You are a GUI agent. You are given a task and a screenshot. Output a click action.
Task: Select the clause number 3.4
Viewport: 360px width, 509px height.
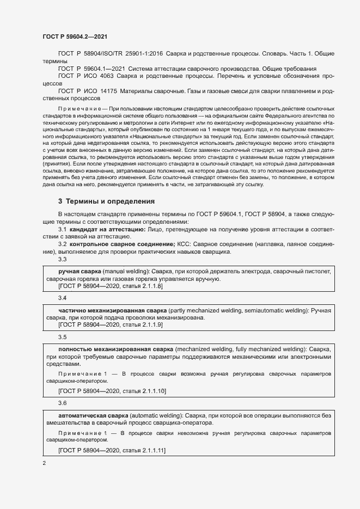(62, 299)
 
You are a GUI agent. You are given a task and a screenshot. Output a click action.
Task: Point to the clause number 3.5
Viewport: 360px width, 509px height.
(62, 337)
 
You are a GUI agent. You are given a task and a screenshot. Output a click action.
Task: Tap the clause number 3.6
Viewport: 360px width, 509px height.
(62, 403)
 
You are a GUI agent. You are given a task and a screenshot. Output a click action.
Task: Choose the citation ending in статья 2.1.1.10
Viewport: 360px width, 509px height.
(112, 391)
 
